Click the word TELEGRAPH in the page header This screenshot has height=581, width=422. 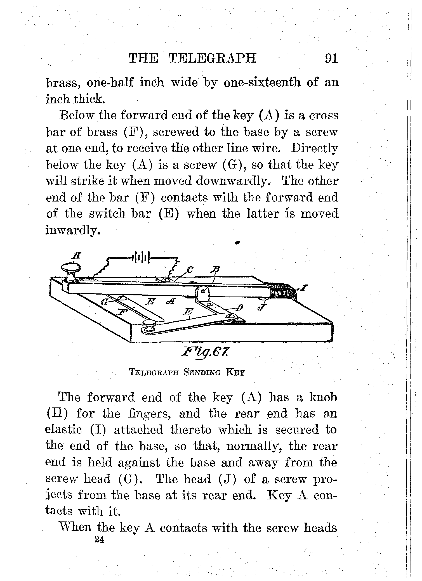(x=213, y=58)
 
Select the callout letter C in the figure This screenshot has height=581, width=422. (x=190, y=270)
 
